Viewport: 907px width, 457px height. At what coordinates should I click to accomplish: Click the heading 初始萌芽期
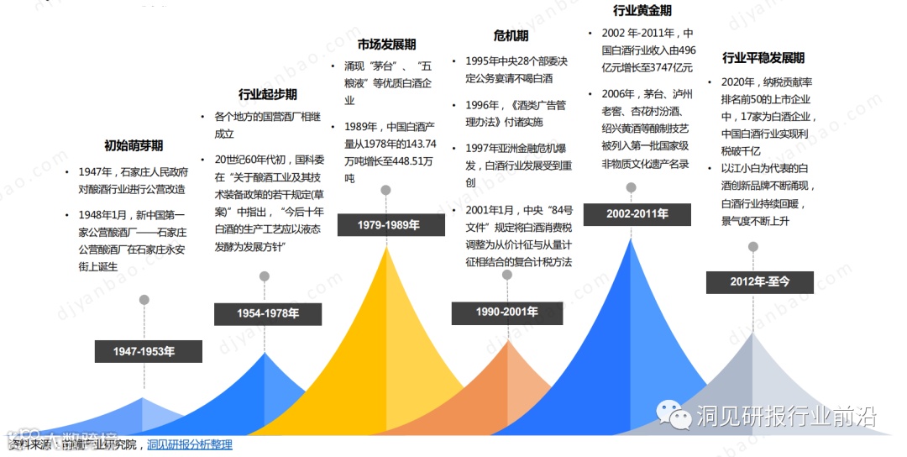(134, 144)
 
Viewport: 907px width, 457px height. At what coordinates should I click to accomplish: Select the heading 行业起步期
(268, 94)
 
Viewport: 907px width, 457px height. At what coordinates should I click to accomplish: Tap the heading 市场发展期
(386, 45)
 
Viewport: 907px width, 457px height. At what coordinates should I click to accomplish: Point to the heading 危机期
(511, 35)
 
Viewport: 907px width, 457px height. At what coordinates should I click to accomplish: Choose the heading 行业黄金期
(642, 11)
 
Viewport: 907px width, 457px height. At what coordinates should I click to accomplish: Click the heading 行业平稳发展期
(763, 58)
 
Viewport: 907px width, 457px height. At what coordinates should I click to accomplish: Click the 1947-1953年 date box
(148, 351)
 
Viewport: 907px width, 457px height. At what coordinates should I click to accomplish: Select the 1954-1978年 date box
(268, 314)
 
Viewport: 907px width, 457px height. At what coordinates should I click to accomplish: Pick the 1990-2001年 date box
(507, 313)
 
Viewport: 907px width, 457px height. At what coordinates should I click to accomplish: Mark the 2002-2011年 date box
(637, 214)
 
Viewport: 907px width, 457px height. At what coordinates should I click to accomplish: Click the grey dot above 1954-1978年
(265, 276)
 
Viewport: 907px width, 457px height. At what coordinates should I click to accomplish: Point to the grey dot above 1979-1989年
(385, 191)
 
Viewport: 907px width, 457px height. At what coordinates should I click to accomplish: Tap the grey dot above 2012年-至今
(753, 247)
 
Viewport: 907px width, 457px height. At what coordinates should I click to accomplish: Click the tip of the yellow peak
(387, 247)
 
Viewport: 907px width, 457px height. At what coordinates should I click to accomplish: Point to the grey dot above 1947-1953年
(144, 300)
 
